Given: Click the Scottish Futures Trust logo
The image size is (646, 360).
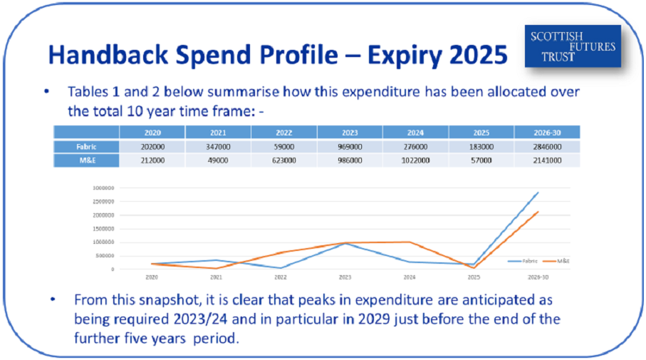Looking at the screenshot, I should coord(573,46).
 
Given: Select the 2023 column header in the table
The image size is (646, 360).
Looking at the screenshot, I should coord(350,132).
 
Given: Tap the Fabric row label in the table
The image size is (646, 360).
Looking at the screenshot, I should coord(87,146).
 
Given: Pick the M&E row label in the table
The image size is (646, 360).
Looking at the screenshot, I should coord(87,160).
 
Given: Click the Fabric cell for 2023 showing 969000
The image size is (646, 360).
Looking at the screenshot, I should coord(350,146).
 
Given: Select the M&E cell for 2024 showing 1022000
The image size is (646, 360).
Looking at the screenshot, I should coord(415,160).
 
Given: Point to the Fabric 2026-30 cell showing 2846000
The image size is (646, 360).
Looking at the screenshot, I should coord(547,146).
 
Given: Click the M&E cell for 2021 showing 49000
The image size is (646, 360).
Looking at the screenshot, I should coord(218,160).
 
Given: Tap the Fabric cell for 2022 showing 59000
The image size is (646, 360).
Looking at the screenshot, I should coord(283,146).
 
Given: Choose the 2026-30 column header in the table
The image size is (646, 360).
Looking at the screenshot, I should coord(547,132).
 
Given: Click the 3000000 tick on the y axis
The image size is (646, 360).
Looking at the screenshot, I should coord(105,188).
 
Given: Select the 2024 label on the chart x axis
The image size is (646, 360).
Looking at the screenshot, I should coord(409,277).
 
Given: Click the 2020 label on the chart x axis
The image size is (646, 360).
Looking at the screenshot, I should coord(152,277).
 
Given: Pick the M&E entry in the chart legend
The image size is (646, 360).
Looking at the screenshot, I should coord(559,262).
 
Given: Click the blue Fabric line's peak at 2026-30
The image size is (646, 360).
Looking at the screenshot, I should coord(538,192).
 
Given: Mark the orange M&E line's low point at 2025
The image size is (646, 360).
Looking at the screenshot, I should coord(473,267).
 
